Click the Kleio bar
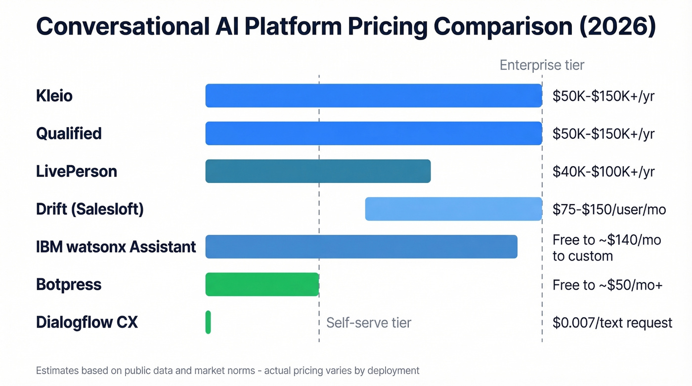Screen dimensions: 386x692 (374, 96)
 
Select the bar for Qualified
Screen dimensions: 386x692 (374, 133)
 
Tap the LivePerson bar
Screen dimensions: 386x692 (318, 172)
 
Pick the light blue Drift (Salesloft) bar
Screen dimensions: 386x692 (453, 209)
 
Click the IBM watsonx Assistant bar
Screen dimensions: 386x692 (361, 247)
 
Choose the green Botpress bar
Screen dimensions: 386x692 (262, 284)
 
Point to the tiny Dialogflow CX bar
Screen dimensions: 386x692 (208, 322)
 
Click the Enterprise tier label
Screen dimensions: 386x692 (542, 65)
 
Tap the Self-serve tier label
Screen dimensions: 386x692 (369, 323)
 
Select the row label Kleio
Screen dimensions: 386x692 (54, 96)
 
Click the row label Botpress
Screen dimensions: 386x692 (69, 285)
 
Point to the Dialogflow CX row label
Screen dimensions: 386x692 (87, 323)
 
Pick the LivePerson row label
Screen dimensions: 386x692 (77, 172)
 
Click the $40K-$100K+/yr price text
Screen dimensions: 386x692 (604, 172)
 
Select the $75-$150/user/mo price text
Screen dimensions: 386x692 (609, 209)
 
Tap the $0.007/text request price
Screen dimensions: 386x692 (612, 323)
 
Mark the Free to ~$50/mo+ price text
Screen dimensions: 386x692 (607, 285)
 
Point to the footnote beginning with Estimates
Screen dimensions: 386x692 (227, 370)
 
